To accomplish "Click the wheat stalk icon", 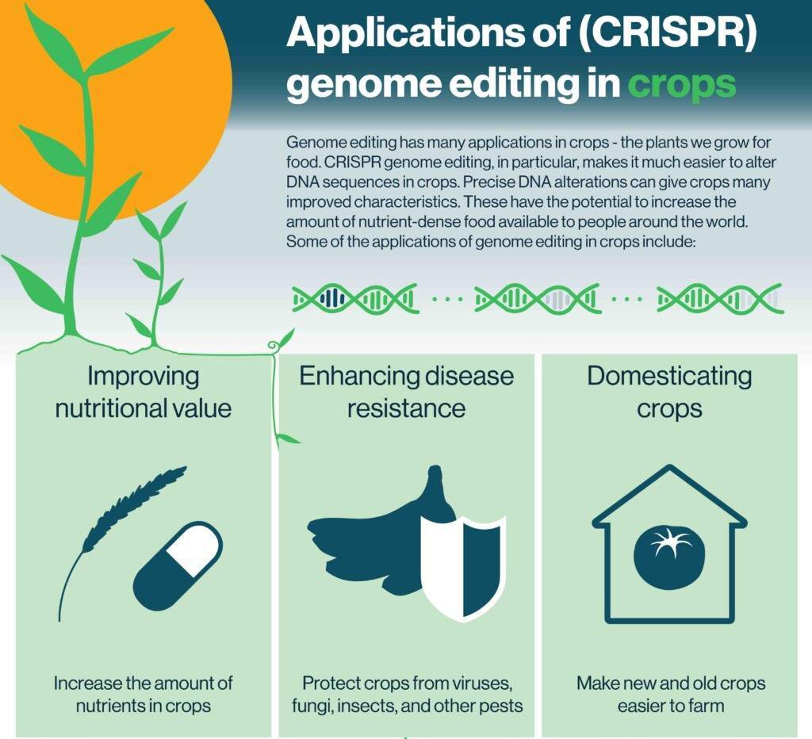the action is point(121,542).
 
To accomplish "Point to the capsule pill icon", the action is point(178,566).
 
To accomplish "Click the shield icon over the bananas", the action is point(462,568).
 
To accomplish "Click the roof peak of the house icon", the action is point(670,466).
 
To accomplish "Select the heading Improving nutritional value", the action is point(143,392).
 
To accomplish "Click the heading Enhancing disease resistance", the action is point(407,392).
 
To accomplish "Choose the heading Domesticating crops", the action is point(669,392).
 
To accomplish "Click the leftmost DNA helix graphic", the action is point(355,298).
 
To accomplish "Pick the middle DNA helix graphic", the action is point(538,298).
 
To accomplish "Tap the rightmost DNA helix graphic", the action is point(720,298).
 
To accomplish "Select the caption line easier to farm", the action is point(670,706).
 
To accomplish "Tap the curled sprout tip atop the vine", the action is point(273,344).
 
